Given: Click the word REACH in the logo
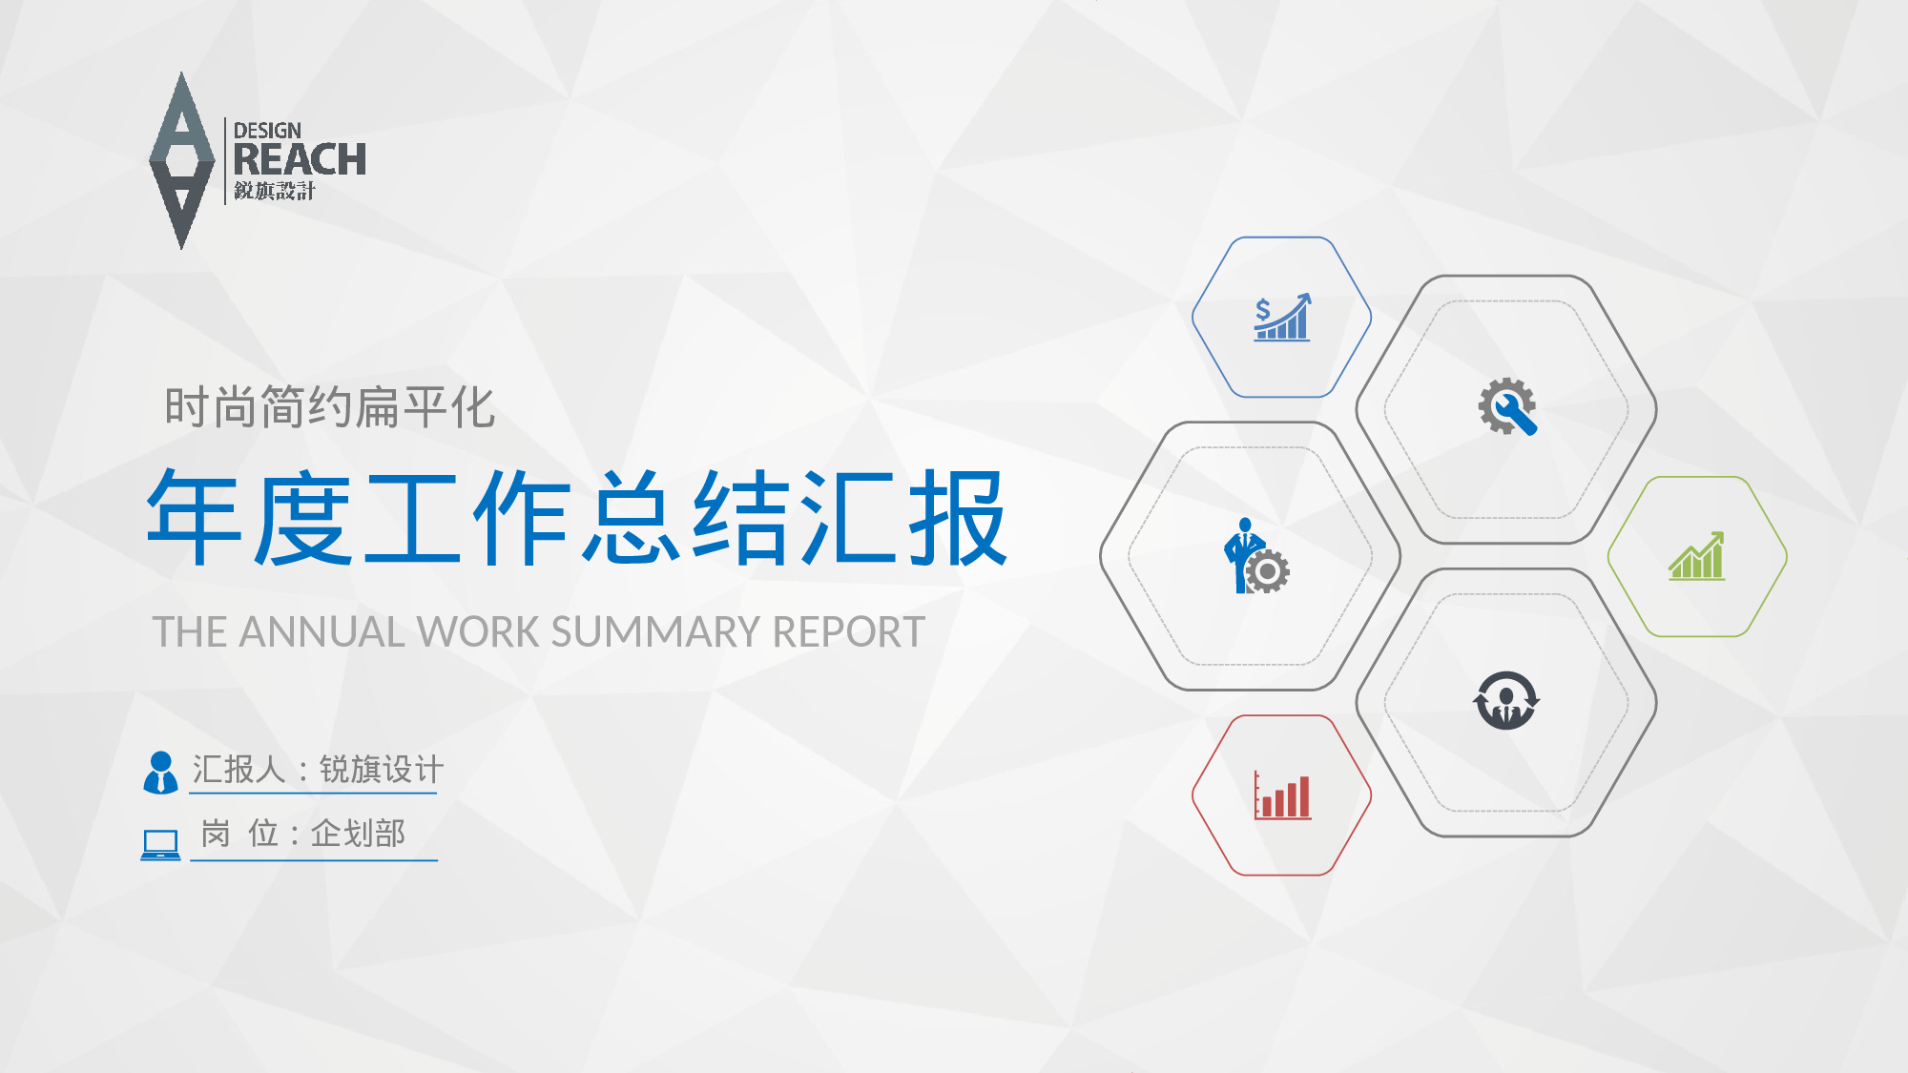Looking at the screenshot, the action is click(300, 159).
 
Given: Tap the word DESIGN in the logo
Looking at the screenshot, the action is click(267, 131).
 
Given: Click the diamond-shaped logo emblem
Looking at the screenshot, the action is click(181, 160).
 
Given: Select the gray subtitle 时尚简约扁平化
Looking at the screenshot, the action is click(330, 407).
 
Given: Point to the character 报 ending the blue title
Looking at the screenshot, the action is click(958, 518).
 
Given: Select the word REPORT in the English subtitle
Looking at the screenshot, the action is click(849, 631).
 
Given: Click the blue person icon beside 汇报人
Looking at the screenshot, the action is click(160, 773).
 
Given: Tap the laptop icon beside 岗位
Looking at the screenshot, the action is click(160, 845).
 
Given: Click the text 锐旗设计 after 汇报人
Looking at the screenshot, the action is click(382, 769).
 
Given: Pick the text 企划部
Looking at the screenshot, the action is click(358, 834).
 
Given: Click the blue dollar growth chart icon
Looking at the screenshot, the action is click(1282, 318).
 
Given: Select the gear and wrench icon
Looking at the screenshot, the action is click(1507, 407).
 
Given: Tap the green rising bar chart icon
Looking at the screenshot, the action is click(1697, 556).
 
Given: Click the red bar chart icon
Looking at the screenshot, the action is click(1282, 795).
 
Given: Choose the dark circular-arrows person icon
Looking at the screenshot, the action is click(1506, 700).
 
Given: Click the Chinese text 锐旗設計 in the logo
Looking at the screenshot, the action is click(275, 191).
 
